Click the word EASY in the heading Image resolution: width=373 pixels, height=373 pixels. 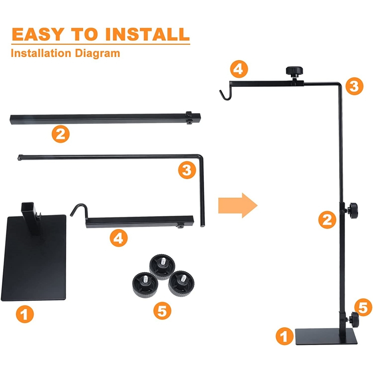pos(38,34)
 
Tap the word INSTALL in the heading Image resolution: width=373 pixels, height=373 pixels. pos(147,34)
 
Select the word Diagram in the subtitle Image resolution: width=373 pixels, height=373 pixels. pos(97,54)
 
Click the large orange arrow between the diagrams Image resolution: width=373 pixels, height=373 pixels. pos(238,205)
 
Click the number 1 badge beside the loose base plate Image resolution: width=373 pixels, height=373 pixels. pos(25,314)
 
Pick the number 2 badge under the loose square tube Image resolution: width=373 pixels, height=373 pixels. pos(61,134)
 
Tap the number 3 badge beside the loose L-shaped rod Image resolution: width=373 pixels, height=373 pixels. pos(187,170)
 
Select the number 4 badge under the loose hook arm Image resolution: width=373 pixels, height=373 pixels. pos(119,238)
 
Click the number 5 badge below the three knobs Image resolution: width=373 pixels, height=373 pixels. pos(162,311)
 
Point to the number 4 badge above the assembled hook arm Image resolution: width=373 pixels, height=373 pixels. pos(239,69)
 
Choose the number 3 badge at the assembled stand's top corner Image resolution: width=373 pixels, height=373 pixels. pos(354,86)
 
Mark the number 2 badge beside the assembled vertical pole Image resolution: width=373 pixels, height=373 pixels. pos(327,220)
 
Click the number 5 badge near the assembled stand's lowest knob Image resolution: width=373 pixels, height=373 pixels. pos(363,307)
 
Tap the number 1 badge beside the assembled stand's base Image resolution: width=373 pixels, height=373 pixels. pos(285,336)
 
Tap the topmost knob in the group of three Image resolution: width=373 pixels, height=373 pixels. pos(162,266)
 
